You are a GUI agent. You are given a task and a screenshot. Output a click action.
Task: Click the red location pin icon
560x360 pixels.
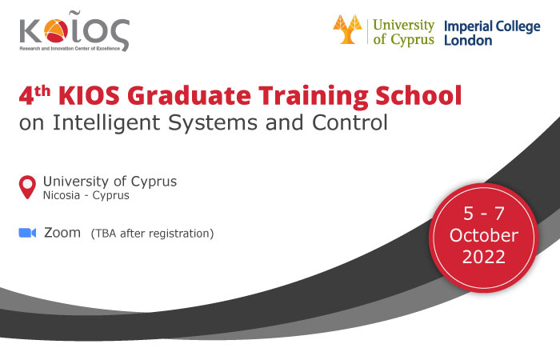[27, 186]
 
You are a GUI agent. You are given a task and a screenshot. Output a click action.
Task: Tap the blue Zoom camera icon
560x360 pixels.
[27, 233]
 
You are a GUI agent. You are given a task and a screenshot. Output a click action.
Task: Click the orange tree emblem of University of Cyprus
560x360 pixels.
[347, 30]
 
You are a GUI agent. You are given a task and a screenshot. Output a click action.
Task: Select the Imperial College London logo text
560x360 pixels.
[492, 33]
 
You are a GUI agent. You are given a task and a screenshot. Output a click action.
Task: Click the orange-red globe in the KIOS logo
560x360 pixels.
[56, 30]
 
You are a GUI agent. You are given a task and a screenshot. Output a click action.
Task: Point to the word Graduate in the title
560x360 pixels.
[189, 96]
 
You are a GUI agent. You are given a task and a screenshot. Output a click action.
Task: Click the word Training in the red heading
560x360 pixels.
[314, 96]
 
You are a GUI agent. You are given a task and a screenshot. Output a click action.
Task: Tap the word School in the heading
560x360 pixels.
[418, 95]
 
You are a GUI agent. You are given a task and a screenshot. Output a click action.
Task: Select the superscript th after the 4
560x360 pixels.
[42, 91]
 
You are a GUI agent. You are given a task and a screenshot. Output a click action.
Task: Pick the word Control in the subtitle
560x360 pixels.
[350, 122]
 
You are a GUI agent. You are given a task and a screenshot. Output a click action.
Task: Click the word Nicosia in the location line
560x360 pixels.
[62, 195]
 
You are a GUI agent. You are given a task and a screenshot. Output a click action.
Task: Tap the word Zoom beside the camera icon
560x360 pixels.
[62, 233]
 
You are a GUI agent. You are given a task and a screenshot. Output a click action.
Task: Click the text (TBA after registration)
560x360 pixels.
[152, 234]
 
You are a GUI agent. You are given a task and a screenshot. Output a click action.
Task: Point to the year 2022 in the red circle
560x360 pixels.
[484, 257]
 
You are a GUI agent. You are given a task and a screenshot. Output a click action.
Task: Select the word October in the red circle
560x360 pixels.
[484, 235]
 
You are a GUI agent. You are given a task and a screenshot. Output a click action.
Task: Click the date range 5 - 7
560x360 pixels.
[484, 214]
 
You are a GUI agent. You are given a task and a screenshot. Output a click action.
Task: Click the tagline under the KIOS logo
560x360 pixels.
[70, 49]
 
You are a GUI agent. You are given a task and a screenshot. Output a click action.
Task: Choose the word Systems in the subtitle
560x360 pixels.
[213, 122]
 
